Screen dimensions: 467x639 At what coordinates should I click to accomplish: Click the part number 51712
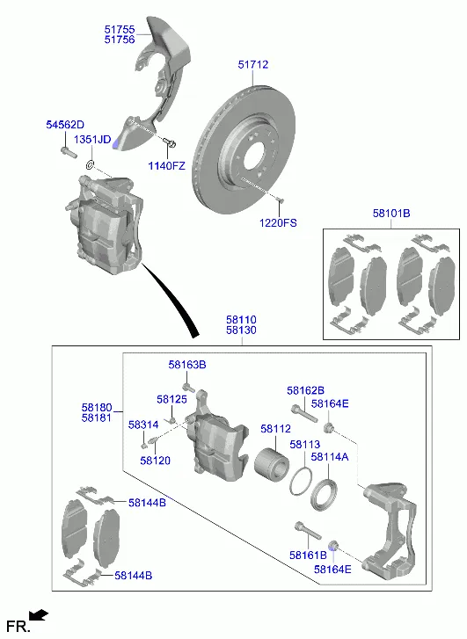click(253, 64)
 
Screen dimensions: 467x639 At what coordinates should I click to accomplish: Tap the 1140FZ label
click(166, 166)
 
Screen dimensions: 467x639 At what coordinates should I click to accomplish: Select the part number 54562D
click(65, 125)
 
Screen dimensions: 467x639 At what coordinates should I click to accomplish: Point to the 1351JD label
click(92, 140)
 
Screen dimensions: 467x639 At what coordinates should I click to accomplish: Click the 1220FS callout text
click(278, 223)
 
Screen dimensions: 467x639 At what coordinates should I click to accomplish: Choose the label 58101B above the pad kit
click(391, 213)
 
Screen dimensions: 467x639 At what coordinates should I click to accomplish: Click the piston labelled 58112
click(271, 464)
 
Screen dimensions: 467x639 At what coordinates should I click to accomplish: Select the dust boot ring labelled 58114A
click(324, 495)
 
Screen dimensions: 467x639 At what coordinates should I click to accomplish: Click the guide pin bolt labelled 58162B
click(304, 413)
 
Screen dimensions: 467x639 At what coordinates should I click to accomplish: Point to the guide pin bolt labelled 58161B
click(307, 530)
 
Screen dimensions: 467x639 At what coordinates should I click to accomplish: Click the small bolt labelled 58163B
click(188, 387)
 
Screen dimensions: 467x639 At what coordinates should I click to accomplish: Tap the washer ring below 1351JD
click(90, 165)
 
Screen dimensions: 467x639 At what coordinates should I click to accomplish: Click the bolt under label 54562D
click(68, 152)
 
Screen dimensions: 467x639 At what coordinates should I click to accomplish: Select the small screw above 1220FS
click(279, 199)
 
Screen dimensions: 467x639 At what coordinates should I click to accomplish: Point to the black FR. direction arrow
click(39, 614)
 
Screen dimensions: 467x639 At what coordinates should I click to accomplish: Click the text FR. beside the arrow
click(18, 626)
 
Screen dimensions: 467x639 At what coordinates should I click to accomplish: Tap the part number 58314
click(143, 425)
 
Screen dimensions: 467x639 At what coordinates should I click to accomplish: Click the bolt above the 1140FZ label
click(170, 142)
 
